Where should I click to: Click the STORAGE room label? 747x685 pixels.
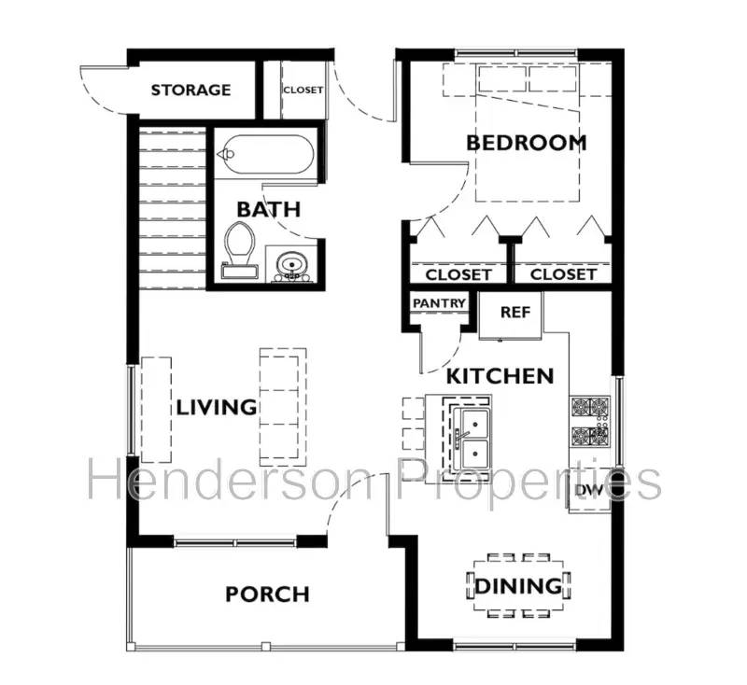[190, 91]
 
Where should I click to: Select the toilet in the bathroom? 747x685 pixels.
[239, 247]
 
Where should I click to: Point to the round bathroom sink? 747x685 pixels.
[290, 263]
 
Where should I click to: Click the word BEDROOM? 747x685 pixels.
[527, 143]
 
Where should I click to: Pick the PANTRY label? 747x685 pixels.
[438, 303]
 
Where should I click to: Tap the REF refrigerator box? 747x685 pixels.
[514, 312]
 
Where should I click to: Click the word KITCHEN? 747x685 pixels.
[500, 376]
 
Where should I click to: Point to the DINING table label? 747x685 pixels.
[519, 587]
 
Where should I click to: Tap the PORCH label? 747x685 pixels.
[267, 594]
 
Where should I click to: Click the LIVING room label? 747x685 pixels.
[217, 407]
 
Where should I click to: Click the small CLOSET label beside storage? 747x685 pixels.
[303, 91]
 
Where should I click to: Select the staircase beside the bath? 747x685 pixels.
[172, 201]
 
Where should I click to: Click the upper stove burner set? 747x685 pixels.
[589, 408]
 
